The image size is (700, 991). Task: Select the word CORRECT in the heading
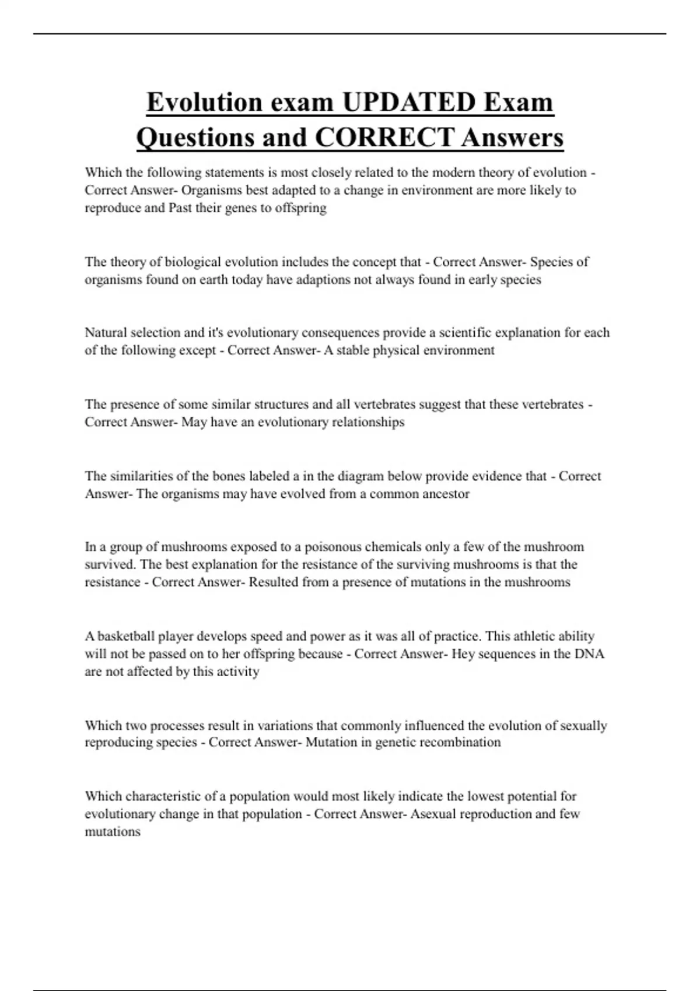[384, 138]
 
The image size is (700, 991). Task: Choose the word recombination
[460, 743]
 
